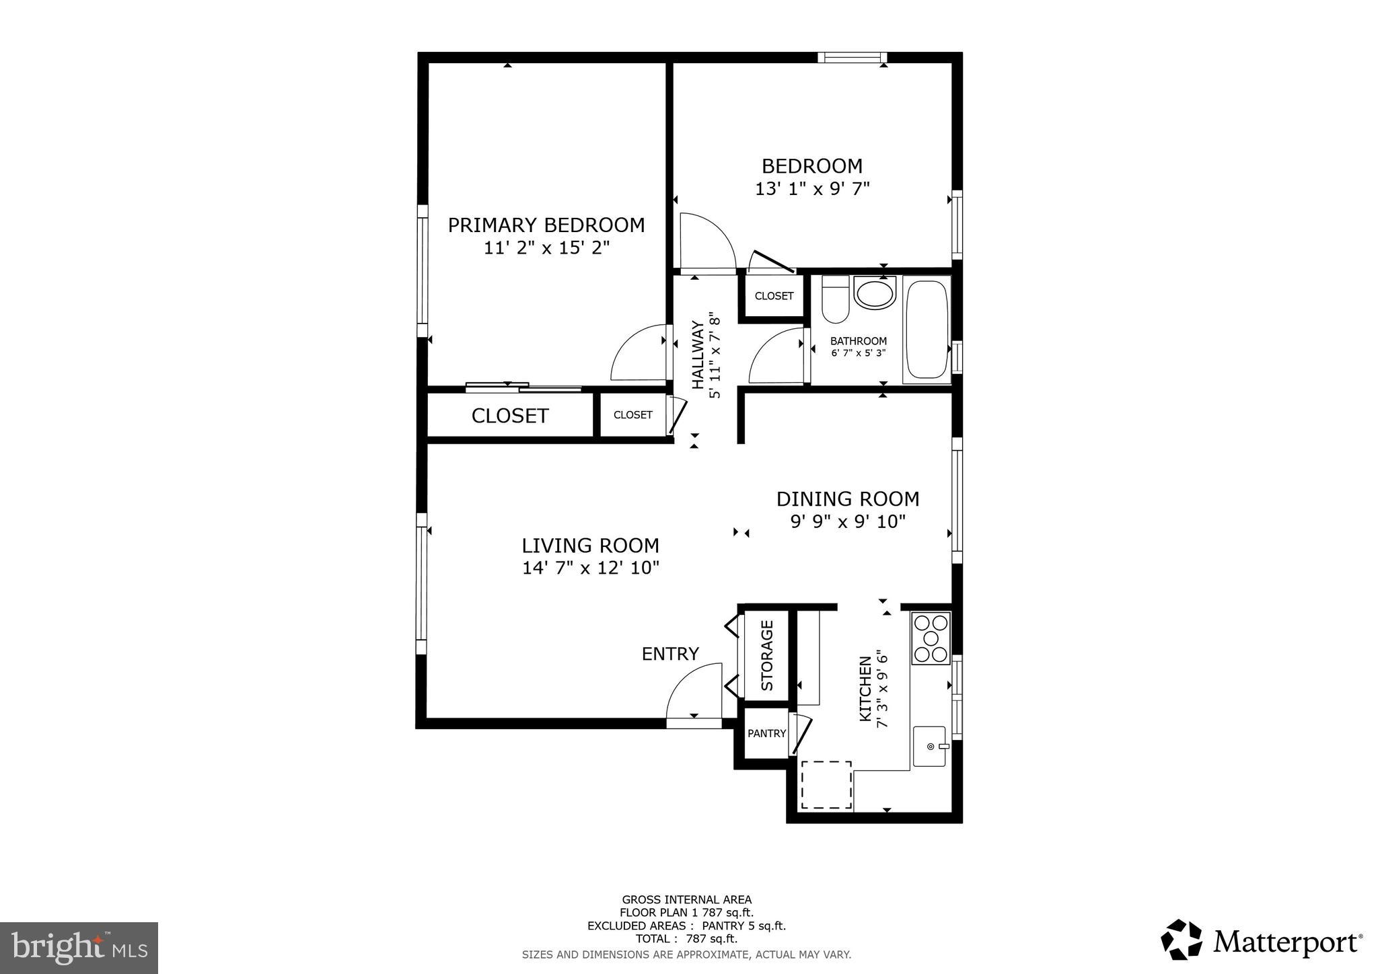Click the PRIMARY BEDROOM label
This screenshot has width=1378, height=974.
tap(546, 225)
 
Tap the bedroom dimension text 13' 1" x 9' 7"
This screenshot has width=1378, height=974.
tap(811, 189)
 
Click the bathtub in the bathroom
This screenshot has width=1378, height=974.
tap(927, 330)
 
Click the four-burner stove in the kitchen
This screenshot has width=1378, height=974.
tap(931, 638)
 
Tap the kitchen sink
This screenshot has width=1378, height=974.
tap(930, 746)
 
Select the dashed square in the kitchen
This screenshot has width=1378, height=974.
tap(826, 785)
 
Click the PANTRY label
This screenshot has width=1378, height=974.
tap(766, 733)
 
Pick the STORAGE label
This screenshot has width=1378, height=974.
tap(766, 655)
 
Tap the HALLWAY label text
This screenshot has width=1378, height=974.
tap(698, 354)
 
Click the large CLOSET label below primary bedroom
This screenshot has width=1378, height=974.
tap(509, 416)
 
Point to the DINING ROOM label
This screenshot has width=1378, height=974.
tap(847, 499)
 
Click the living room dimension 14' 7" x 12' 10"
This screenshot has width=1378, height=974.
tap(590, 568)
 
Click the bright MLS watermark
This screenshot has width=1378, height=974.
tap(79, 948)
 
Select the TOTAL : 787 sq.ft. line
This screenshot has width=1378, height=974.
tap(686, 939)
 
